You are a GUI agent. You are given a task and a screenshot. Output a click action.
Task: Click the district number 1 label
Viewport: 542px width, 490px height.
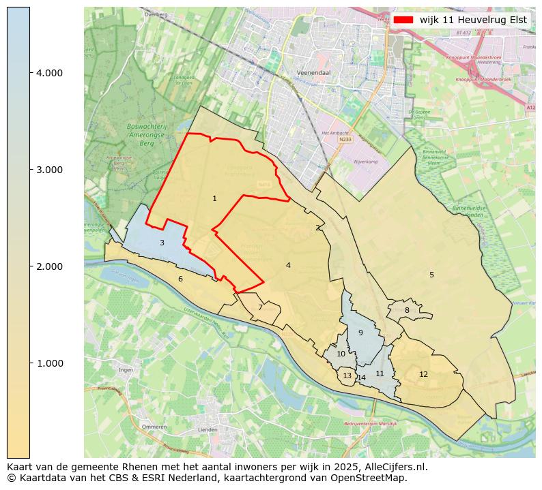(x=214, y=199)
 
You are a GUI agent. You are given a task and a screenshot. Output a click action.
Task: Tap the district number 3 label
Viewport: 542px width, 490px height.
(x=162, y=243)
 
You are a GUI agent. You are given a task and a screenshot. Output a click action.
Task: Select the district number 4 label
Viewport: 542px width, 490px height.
(x=288, y=266)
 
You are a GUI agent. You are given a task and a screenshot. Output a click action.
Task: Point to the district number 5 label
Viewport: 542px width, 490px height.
(x=431, y=275)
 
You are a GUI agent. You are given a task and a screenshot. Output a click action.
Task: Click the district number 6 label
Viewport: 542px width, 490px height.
(x=180, y=279)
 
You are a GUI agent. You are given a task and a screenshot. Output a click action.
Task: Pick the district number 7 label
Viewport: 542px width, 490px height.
(x=260, y=308)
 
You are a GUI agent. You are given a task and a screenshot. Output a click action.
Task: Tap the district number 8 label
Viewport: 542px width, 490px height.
(x=407, y=311)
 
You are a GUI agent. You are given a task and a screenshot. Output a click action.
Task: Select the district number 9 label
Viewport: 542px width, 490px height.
(x=360, y=333)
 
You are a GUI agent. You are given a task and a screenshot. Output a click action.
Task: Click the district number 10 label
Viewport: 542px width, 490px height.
(x=341, y=354)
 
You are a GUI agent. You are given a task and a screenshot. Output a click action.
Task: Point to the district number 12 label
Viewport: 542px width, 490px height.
(x=423, y=375)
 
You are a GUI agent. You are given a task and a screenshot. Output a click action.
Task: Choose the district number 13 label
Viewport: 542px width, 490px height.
(x=347, y=376)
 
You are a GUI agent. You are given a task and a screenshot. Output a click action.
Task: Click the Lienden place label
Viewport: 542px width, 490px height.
(x=207, y=430)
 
